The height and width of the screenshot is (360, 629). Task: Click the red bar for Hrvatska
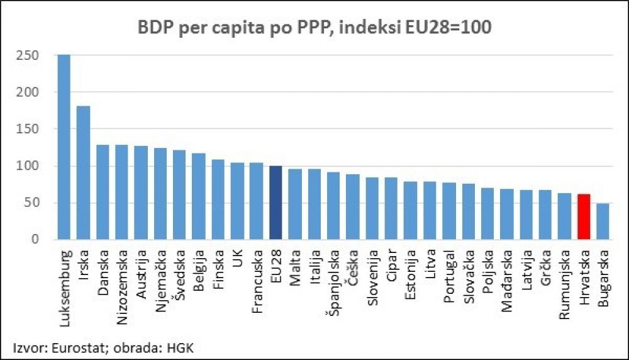pos(583,217)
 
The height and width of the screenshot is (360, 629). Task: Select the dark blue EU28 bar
pos(276,203)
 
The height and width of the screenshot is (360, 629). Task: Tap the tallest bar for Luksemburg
pos(64,147)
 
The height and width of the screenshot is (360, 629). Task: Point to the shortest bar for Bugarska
pos(603,222)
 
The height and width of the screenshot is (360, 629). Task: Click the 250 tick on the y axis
pos(28,55)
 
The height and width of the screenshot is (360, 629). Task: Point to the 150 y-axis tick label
pos(28,129)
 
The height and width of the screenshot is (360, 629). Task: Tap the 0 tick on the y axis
pos(35,240)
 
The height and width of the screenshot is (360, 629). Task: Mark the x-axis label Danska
pos(103,269)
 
